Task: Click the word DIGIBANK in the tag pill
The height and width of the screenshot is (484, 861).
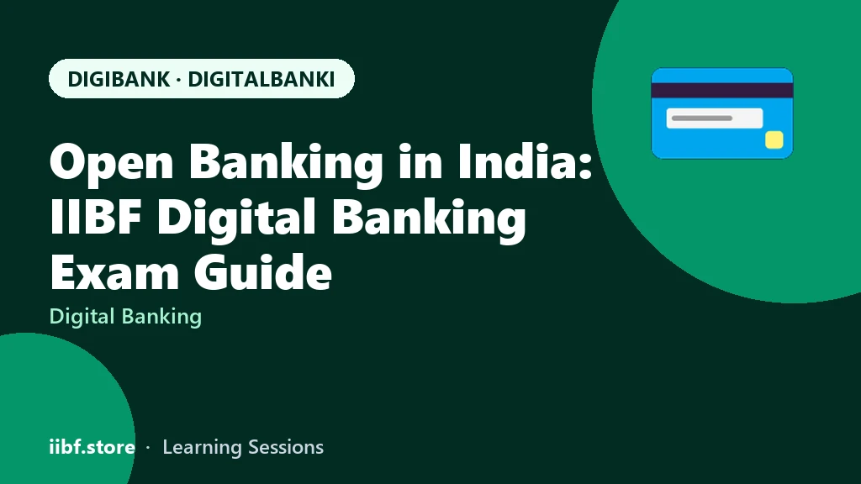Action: [x=119, y=79]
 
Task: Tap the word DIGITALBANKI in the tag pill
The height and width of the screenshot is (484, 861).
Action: [x=261, y=79]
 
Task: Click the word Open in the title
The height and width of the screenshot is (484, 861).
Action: [x=112, y=163]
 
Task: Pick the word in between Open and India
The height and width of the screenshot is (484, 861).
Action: [x=286, y=163]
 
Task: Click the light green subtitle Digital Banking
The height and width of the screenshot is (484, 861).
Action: [x=126, y=317]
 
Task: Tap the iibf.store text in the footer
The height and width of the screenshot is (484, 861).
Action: [x=92, y=447]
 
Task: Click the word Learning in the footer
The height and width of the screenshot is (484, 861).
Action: [x=202, y=448]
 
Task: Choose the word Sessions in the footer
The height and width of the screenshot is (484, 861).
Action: [x=286, y=447]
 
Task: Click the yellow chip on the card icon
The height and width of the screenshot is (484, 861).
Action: [x=774, y=140]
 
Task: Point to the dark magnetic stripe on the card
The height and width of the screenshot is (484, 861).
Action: [x=722, y=91]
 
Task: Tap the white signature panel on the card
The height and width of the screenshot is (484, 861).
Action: [x=715, y=118]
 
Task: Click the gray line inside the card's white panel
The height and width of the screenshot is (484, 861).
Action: [x=702, y=118]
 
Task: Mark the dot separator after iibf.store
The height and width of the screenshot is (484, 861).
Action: [x=148, y=448]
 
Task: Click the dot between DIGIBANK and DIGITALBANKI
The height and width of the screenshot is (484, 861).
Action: [x=179, y=80]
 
